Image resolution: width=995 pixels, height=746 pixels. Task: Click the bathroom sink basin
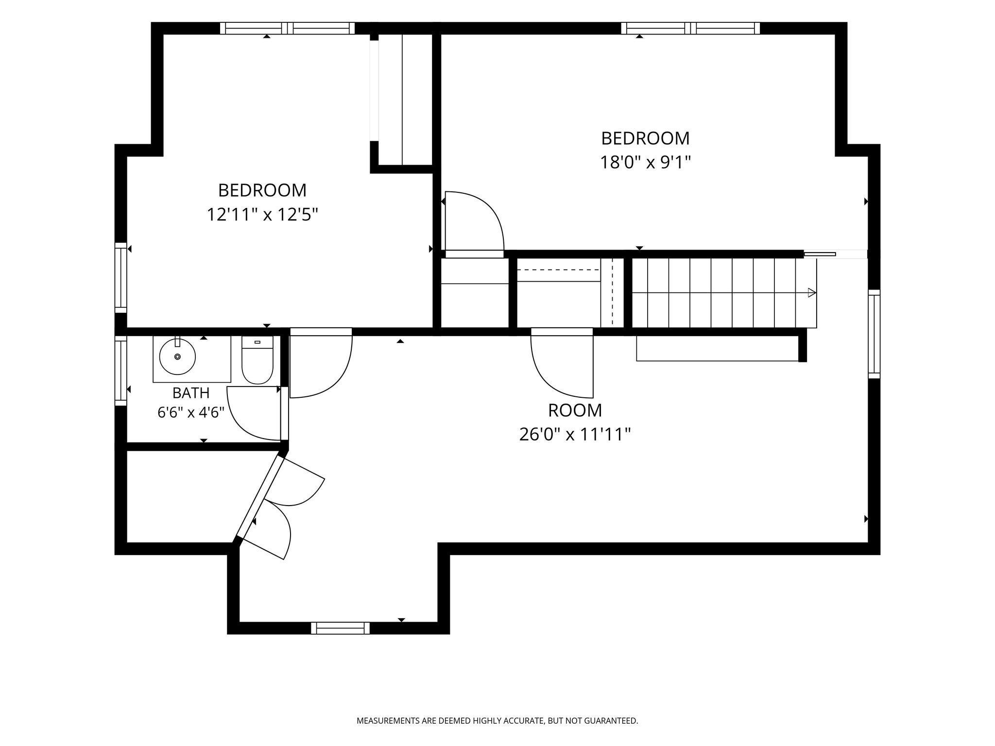click(x=178, y=357)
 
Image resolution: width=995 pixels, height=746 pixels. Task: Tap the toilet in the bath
click(x=257, y=359)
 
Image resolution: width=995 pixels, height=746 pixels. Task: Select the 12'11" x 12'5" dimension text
click(x=262, y=214)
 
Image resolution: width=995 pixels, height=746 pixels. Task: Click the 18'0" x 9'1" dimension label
click(x=646, y=162)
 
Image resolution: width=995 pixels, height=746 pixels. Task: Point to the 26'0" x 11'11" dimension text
click(x=575, y=434)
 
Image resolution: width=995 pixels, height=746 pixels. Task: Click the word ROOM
click(x=575, y=410)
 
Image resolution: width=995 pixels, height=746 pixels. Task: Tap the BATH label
click(x=191, y=392)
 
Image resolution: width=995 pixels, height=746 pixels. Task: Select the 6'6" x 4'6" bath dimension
click(x=191, y=412)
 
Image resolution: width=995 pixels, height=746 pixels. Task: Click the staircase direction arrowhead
click(x=811, y=292)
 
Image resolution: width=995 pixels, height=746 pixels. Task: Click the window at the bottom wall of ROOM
click(x=340, y=628)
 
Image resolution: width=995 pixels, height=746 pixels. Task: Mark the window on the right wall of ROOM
click(x=874, y=334)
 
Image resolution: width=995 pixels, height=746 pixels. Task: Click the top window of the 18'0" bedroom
click(x=690, y=28)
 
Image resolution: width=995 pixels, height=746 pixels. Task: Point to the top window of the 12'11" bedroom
click(x=288, y=28)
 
